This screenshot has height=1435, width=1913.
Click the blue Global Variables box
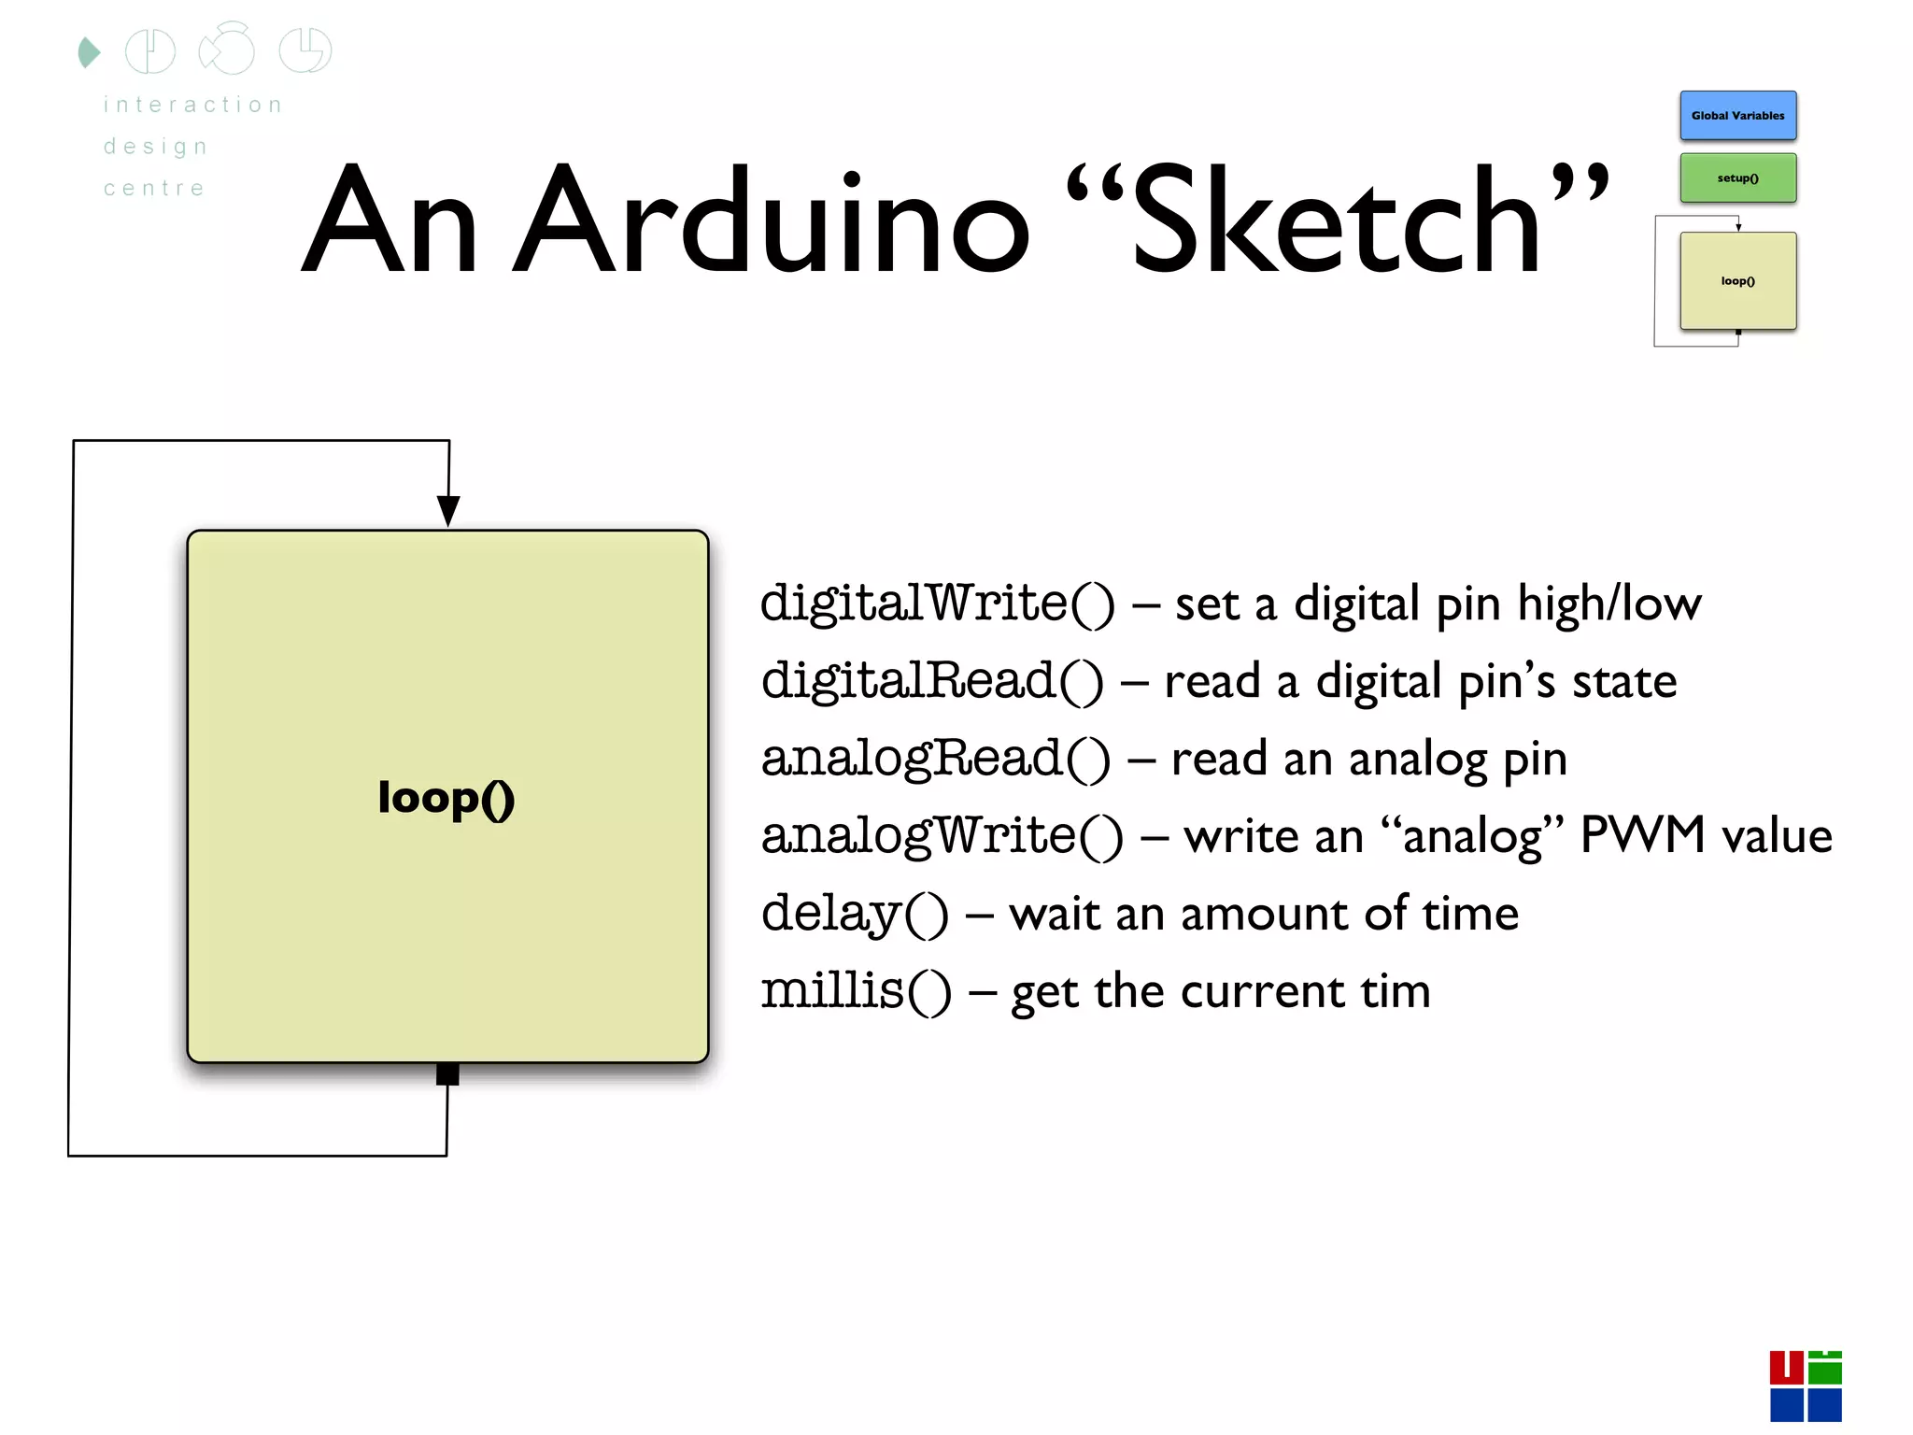point(1737,116)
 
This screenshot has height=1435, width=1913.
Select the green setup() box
point(1737,178)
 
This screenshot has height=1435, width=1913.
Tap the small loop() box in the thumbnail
point(1737,280)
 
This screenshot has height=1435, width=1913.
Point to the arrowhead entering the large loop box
point(448,511)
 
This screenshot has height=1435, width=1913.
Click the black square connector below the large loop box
point(447,1074)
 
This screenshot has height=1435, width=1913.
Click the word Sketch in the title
point(1336,221)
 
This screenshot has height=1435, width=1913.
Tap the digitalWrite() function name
point(937,604)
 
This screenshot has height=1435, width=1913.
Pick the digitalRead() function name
point(931,681)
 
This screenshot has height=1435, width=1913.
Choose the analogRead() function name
point(935,759)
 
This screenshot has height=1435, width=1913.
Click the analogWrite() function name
point(942,836)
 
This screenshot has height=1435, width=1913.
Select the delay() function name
point(854,914)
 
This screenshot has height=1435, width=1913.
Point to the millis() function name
point(856,990)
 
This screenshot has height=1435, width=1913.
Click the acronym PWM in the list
point(1642,834)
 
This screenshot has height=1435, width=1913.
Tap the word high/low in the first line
point(1608,604)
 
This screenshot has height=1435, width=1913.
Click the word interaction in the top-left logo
point(193,105)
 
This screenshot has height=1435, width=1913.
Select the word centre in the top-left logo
point(154,189)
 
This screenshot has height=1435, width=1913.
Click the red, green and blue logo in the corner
point(1805,1385)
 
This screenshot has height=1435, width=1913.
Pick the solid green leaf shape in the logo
point(89,52)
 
